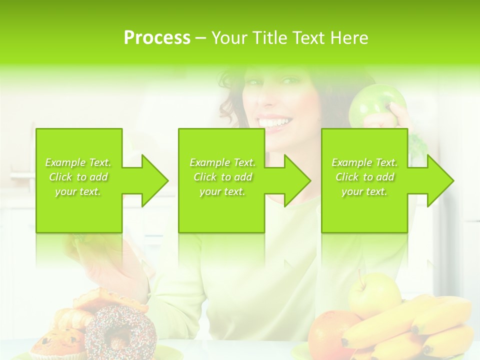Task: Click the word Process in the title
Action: click(157, 38)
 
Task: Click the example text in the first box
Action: click(78, 177)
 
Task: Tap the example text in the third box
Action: click(364, 177)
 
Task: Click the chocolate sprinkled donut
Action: click(120, 330)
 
